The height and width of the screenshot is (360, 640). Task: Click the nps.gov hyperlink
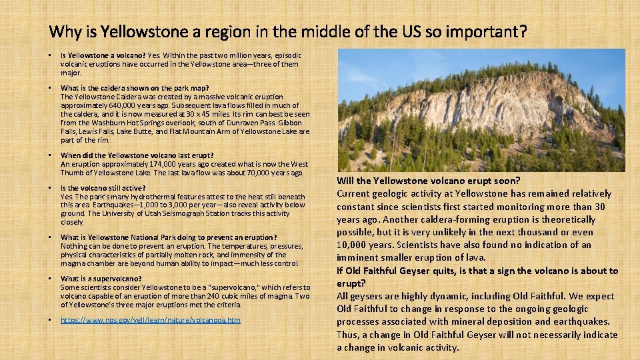click(150, 321)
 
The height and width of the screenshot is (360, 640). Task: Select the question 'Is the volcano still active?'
click(103, 188)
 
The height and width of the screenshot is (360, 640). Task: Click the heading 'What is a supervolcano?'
click(101, 279)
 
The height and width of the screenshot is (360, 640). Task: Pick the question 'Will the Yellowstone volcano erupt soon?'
click(428, 181)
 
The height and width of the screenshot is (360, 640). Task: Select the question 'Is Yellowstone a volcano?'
click(103, 55)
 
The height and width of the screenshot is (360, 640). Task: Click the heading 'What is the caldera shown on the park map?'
click(135, 88)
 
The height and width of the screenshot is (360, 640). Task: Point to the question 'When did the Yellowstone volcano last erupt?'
click(137, 155)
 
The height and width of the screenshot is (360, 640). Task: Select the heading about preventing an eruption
click(169, 237)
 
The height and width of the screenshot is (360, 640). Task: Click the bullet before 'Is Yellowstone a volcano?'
click(51, 55)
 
